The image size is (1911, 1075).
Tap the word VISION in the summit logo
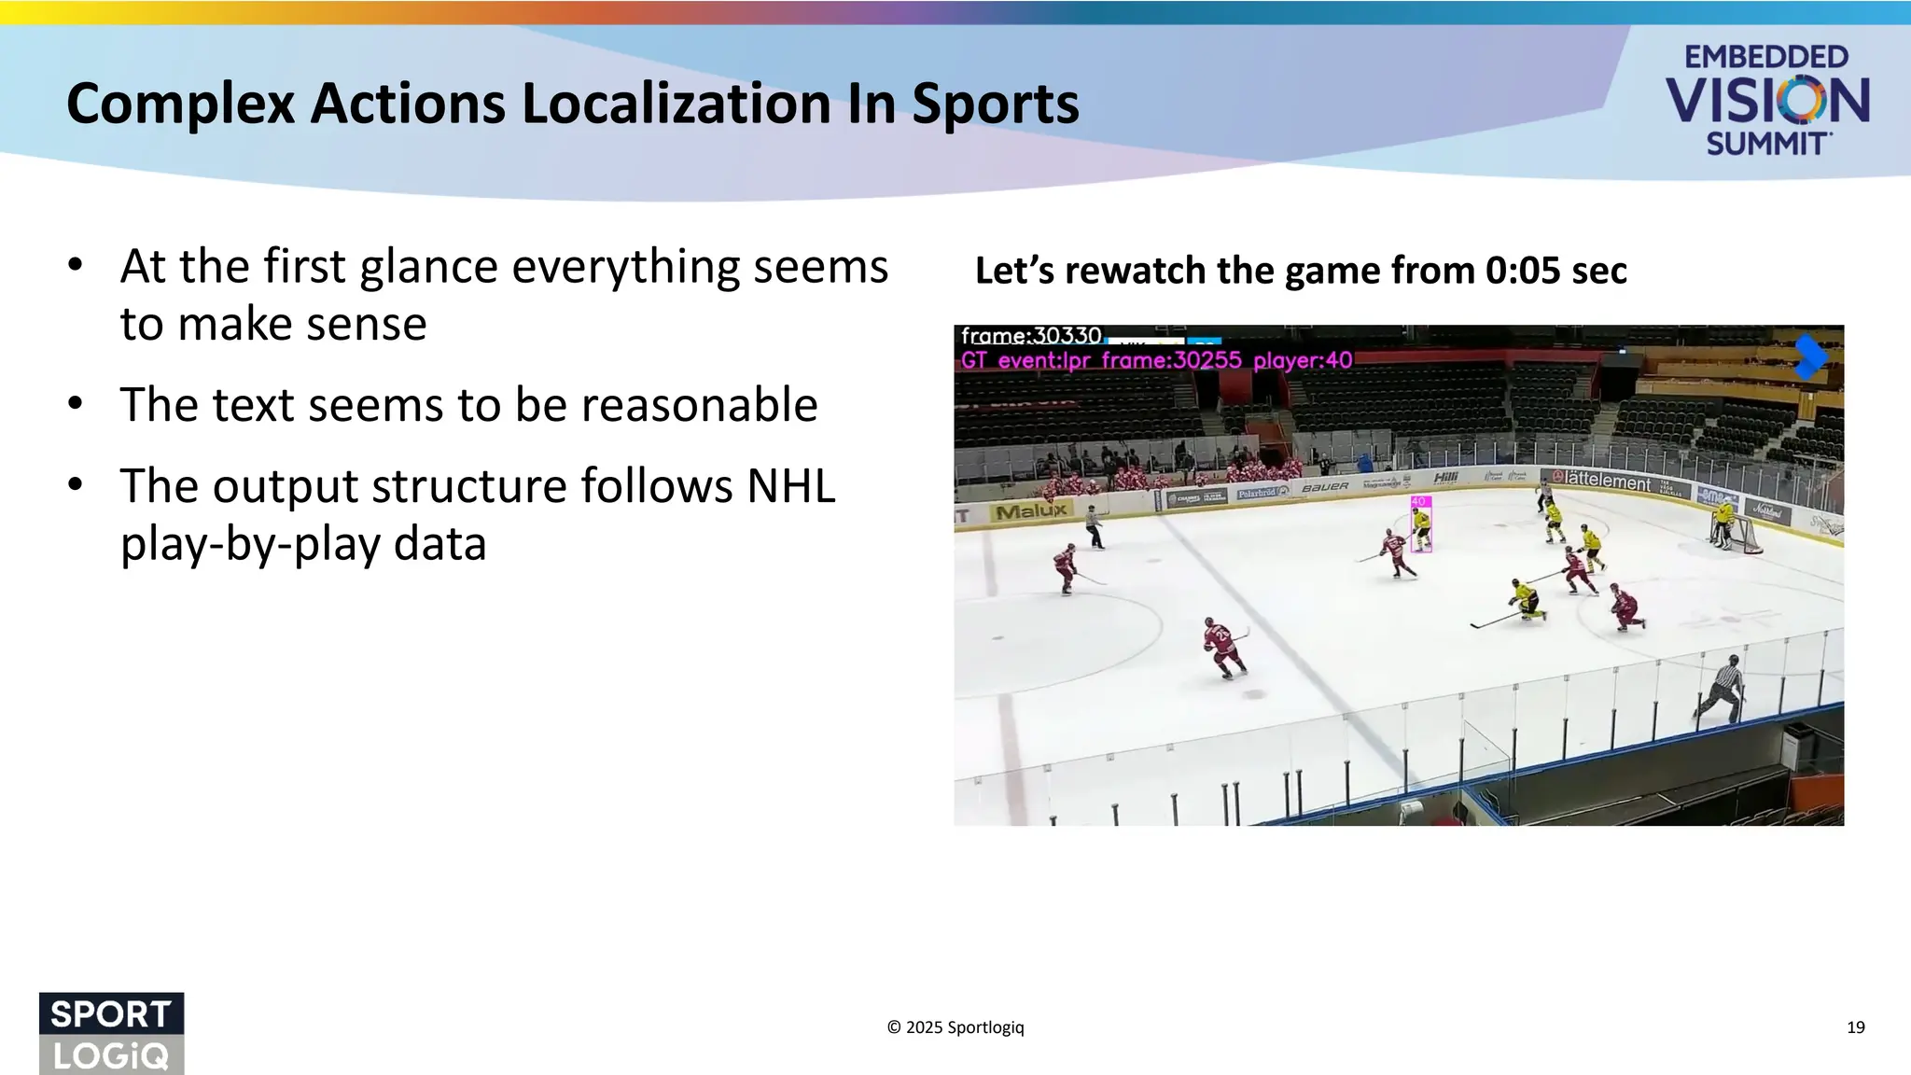[1767, 101]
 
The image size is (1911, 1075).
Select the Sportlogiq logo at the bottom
[111, 1033]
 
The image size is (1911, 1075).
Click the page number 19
[1855, 1027]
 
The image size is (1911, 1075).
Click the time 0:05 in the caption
[1525, 271]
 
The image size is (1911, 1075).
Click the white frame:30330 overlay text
[1031, 336]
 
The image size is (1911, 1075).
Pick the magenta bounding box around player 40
[1420, 525]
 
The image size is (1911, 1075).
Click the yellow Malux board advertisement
[1031, 511]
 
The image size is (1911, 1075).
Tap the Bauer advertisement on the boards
[1325, 487]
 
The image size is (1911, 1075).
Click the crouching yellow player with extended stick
[1524, 599]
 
